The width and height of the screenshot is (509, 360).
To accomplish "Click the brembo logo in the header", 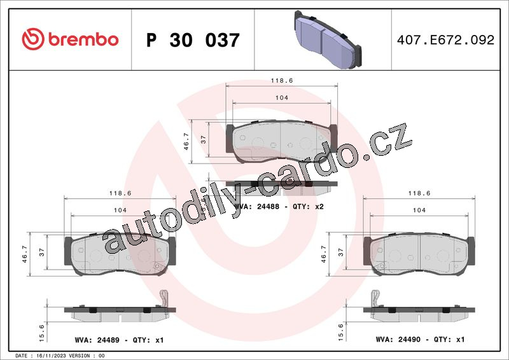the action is [x=70, y=39].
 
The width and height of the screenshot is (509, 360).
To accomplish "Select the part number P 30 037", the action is [x=193, y=40].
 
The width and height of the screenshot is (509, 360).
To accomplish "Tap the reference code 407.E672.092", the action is [x=445, y=40].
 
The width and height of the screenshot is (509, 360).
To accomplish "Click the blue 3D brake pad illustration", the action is [x=328, y=39].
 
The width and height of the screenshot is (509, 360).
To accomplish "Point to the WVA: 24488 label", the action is [x=256, y=207].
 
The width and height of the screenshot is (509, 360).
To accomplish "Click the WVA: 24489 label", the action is [x=97, y=340].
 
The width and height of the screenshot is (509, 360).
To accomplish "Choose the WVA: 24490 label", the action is [x=398, y=340].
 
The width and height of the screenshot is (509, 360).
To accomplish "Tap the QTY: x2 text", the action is [x=308, y=207].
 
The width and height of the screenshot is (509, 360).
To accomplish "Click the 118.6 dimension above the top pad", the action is [x=282, y=81].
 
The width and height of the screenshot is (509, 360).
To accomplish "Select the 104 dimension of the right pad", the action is [x=419, y=210].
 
